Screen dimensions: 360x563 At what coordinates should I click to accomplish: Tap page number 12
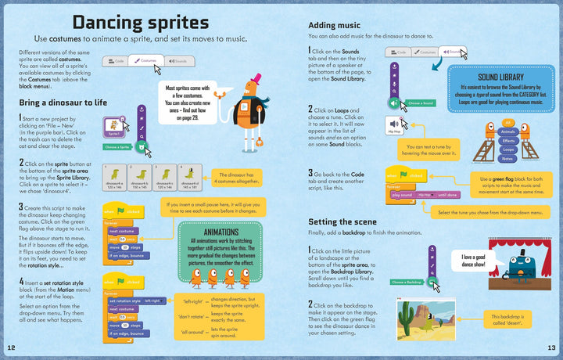pos(10,347)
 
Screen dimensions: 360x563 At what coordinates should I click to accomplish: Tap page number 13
pos(551,347)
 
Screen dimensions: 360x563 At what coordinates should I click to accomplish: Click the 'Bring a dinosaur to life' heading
pos(63,103)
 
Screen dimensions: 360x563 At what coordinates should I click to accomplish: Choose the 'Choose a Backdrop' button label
pos(407,281)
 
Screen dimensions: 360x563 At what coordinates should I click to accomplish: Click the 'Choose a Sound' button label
pos(421,103)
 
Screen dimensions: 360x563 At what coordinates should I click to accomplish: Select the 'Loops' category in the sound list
pos(508,149)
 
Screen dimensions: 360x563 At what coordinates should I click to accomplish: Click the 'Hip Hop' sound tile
pos(395,128)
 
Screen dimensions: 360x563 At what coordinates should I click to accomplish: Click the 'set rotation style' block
pos(125,301)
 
